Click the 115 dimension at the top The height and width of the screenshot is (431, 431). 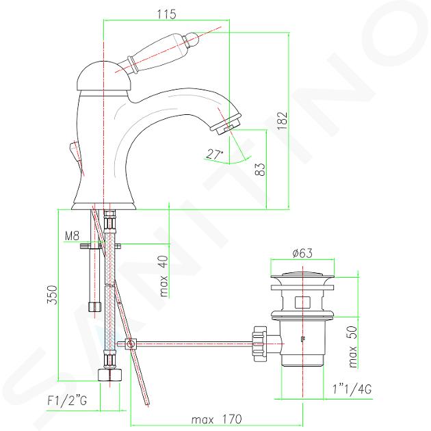pos(166,14)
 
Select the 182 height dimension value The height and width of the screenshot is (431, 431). pos(283,121)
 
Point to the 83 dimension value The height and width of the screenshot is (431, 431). pos(260,170)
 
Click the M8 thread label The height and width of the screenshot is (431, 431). pos(72,235)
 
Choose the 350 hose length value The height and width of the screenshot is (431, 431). pos(52,295)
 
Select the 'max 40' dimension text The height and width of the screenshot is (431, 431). pos(164,276)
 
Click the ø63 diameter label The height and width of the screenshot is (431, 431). pos(302,253)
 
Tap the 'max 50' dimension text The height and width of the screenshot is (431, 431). pos(352,347)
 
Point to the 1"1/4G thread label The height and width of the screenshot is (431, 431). pos(352,389)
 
